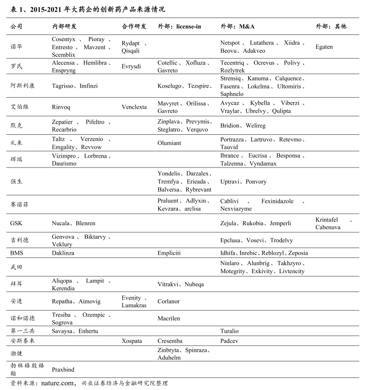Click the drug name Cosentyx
click(x=63, y=39)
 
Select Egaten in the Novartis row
click(x=324, y=47)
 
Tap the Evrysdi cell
click(x=131, y=66)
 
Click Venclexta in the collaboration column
click(x=134, y=107)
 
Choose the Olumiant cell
click(x=170, y=143)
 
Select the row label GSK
click(x=16, y=223)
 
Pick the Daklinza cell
click(x=63, y=253)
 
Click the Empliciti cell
click(x=169, y=253)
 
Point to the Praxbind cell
click(x=63, y=370)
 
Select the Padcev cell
click(x=229, y=341)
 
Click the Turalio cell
click(x=229, y=331)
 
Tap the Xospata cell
click(x=131, y=341)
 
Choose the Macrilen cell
click(x=169, y=318)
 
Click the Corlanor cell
click(x=169, y=301)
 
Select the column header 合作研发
click(x=134, y=26)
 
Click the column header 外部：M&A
click(x=237, y=26)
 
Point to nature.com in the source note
click(x=57, y=383)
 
